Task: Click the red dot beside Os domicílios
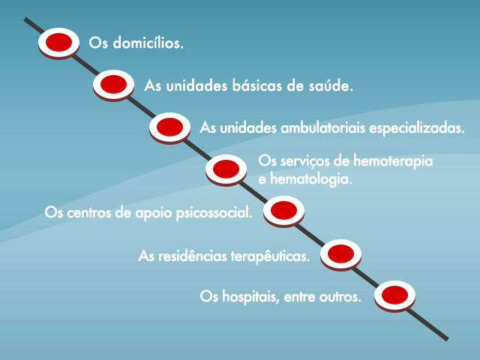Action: (58, 42)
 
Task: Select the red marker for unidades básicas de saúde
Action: (113, 84)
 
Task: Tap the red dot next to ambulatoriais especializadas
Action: (170, 127)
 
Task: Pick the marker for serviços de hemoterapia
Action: (226, 169)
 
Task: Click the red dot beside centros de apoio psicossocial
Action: (283, 210)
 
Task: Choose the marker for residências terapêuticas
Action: (340, 253)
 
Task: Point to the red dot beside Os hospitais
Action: (395, 295)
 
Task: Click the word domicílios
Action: (148, 43)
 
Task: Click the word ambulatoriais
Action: (323, 127)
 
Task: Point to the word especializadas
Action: (417, 128)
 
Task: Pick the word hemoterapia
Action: (393, 161)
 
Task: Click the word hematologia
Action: (311, 179)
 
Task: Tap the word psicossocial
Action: (214, 213)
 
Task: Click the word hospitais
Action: (250, 297)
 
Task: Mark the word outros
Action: (340, 297)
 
